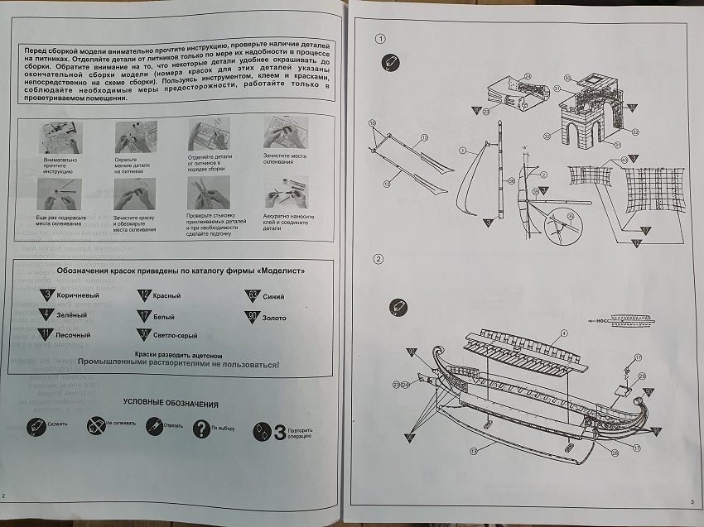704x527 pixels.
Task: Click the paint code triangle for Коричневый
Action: [x=49, y=295]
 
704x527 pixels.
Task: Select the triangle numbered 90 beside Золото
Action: [x=251, y=316]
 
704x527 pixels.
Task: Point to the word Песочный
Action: [x=73, y=335]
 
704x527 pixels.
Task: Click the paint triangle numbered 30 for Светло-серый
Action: [x=145, y=335]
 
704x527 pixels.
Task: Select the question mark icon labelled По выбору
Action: [x=200, y=429]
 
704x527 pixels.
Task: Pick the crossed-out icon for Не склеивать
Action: [x=94, y=426]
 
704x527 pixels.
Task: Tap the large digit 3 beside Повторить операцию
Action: [x=279, y=431]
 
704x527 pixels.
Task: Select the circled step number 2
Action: [x=379, y=260]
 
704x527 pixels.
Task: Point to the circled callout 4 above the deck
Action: [x=562, y=333]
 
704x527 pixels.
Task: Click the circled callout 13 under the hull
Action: [x=472, y=450]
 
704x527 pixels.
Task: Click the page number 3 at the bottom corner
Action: [x=690, y=502]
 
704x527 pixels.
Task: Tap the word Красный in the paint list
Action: [x=166, y=295]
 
